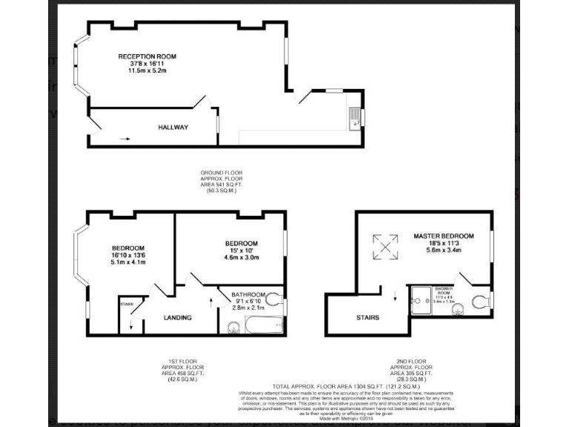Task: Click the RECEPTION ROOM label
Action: pos(147,56)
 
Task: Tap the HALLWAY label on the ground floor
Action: pos(173,128)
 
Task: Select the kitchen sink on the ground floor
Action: pos(354,118)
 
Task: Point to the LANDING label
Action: pos(177,318)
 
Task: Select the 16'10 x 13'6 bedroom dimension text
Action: pos(127,255)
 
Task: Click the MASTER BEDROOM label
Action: pos(443,236)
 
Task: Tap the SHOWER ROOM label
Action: pos(443,290)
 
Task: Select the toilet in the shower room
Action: pos(482,302)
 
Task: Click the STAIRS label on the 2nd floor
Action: pos(368,318)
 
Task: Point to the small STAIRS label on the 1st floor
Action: pos(126,303)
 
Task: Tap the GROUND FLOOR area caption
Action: pos(222,182)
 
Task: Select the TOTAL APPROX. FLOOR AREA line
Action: pos(346,387)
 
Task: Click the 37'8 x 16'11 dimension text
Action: pos(147,64)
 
